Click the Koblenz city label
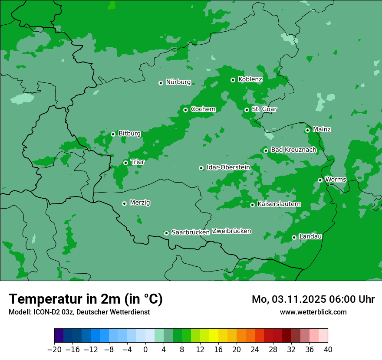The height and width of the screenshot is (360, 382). point(250,79)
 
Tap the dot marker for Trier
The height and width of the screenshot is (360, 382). point(126,163)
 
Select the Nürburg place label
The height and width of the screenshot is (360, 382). point(178,82)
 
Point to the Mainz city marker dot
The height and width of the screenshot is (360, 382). point(307,130)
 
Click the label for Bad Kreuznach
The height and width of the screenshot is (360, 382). point(293,150)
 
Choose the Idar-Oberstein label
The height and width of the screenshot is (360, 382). point(228,167)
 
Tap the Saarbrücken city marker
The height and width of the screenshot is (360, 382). point(166,233)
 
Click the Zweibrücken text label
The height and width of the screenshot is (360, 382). point(231,231)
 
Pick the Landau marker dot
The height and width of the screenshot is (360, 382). point(294,237)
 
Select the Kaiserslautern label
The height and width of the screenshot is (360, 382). point(279,204)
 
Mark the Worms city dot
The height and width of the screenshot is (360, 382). point(320,180)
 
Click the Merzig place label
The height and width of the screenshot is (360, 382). point(140,203)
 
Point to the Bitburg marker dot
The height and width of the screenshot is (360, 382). point(113,134)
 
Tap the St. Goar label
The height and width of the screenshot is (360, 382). point(264,109)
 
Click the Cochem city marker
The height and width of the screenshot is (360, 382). point(185,110)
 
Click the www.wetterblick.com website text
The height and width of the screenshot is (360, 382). point(313,312)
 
